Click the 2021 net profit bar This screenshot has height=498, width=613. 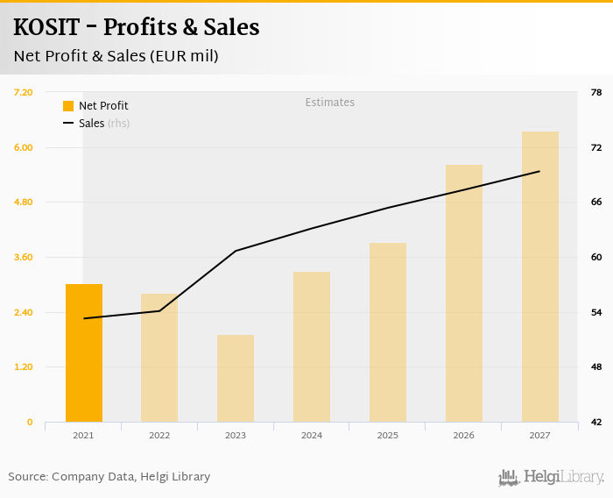(x=84, y=352)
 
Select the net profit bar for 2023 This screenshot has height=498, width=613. (x=236, y=378)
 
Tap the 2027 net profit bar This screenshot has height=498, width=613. (x=540, y=276)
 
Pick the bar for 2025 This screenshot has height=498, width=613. (x=388, y=332)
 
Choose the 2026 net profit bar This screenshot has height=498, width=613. (x=464, y=293)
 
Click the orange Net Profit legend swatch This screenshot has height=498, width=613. (x=68, y=106)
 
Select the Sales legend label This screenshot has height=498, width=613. (x=91, y=124)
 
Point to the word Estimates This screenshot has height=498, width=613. (x=330, y=103)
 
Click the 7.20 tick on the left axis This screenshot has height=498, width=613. (x=24, y=92)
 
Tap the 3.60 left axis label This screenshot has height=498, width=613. (x=24, y=258)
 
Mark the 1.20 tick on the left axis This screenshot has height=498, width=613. (x=24, y=367)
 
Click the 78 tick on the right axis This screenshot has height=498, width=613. (x=596, y=92)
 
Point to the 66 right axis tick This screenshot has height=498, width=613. (x=596, y=203)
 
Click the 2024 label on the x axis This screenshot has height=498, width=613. (x=312, y=436)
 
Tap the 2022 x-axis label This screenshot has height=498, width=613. (x=159, y=436)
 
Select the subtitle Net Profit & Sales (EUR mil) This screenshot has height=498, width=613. (x=116, y=56)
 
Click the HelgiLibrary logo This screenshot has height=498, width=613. (x=551, y=477)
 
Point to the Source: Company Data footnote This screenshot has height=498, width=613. (x=109, y=477)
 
